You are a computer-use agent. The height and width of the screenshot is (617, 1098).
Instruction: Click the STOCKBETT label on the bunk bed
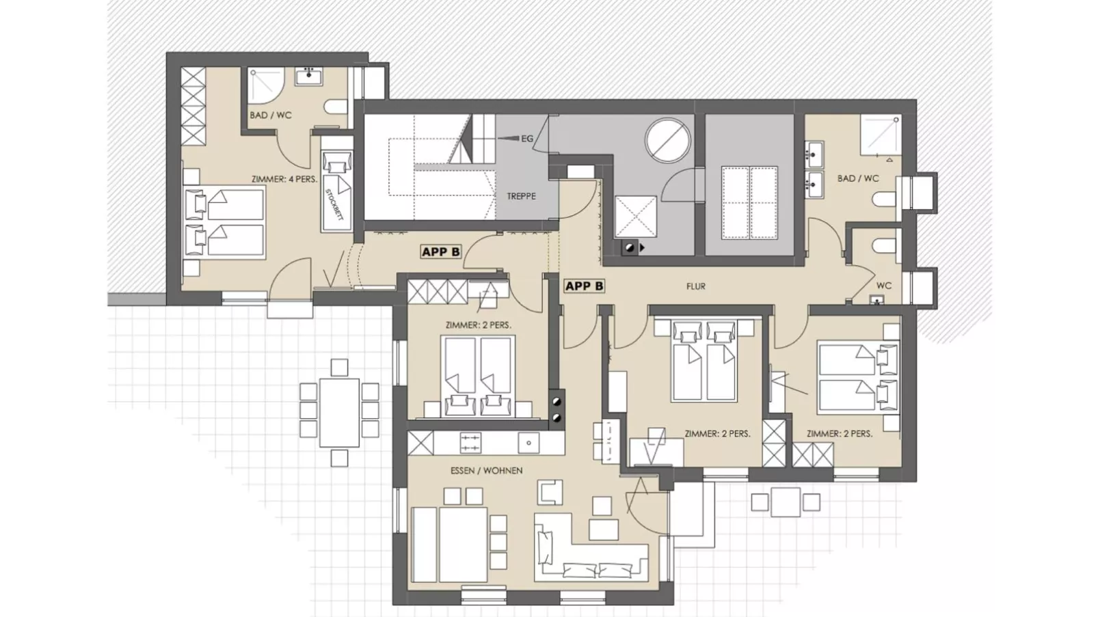[x=334, y=204]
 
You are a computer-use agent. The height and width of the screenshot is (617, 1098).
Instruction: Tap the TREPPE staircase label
[x=521, y=196]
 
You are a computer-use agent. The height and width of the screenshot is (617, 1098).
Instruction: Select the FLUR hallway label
[x=696, y=286]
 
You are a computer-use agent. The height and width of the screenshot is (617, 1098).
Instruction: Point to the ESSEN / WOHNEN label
[x=486, y=471]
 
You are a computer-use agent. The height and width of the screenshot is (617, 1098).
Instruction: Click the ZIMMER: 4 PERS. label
[x=284, y=180]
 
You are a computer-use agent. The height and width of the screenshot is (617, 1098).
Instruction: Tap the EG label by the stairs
[x=527, y=139]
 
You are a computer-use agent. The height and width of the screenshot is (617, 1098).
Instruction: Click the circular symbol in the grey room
[x=667, y=141]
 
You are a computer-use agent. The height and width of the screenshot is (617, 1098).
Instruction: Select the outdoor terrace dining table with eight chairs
[x=339, y=412]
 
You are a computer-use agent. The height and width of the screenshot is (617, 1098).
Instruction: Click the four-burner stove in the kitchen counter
[x=470, y=443]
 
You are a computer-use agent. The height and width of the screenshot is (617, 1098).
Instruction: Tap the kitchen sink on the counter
[x=529, y=443]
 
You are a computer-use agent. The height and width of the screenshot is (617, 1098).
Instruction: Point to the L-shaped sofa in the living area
[x=590, y=546]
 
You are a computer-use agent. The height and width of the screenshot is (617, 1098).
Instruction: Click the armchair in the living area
[x=550, y=491]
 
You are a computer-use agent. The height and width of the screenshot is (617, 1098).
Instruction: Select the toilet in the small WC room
[x=886, y=245]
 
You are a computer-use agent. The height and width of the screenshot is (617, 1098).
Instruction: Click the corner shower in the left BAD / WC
[x=265, y=85]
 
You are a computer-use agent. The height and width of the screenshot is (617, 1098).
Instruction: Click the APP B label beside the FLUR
[x=585, y=286]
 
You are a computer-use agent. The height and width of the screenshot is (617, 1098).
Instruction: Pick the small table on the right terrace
[x=786, y=502]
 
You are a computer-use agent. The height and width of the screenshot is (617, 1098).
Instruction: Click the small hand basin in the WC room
[x=877, y=299]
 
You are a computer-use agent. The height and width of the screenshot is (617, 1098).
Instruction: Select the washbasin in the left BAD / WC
[x=309, y=76]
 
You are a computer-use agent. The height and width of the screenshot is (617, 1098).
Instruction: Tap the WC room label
[x=884, y=285]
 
